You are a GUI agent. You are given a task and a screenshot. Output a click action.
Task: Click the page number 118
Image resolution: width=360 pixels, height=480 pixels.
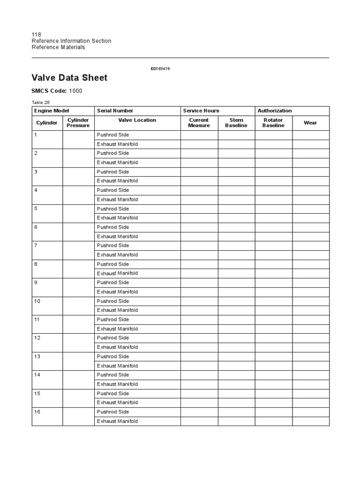coord(36,35)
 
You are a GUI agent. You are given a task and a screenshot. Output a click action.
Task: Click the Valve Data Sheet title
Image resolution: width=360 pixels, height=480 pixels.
coord(69,78)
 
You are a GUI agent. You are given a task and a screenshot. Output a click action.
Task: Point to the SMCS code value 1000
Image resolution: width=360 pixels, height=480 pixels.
coord(75,91)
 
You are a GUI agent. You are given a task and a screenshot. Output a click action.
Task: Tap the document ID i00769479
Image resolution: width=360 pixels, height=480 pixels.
coord(160,69)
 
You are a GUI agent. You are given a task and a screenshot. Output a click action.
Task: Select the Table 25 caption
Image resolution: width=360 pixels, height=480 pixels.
coord(40,102)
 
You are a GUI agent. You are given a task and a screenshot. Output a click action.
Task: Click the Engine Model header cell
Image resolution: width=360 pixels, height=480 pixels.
coord(52,111)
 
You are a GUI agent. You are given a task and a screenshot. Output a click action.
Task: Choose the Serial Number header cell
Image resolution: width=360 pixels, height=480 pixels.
coord(115,111)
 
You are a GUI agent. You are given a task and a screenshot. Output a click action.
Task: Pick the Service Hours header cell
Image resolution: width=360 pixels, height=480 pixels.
coord(201,111)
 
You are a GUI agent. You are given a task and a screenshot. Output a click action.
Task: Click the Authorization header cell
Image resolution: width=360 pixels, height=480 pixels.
coord(275,111)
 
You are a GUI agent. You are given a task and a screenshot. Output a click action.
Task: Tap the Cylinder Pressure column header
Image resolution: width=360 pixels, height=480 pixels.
coord(78,123)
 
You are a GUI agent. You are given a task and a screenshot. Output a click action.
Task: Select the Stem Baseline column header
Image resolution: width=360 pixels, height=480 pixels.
coord(236,123)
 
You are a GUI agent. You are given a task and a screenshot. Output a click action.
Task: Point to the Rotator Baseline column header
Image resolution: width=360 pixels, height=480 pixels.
coord(273,123)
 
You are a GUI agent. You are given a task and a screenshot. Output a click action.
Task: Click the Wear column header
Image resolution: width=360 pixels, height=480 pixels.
coord(310,123)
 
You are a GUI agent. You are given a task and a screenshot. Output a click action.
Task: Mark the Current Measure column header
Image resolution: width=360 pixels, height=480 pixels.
coord(199,123)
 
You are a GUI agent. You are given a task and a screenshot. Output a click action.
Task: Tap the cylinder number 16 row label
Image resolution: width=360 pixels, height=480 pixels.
coord(37,412)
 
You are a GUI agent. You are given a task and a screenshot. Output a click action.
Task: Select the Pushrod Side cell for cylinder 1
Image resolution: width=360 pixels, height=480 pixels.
coord(113,135)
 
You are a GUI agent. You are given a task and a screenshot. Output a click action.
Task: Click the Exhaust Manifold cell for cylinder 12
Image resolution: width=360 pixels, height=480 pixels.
coord(117,347)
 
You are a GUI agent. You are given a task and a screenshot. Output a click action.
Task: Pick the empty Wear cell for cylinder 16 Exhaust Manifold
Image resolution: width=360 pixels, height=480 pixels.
coord(310,421)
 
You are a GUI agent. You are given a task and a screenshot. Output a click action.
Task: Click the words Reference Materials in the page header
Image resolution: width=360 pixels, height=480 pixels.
coord(58,47)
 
